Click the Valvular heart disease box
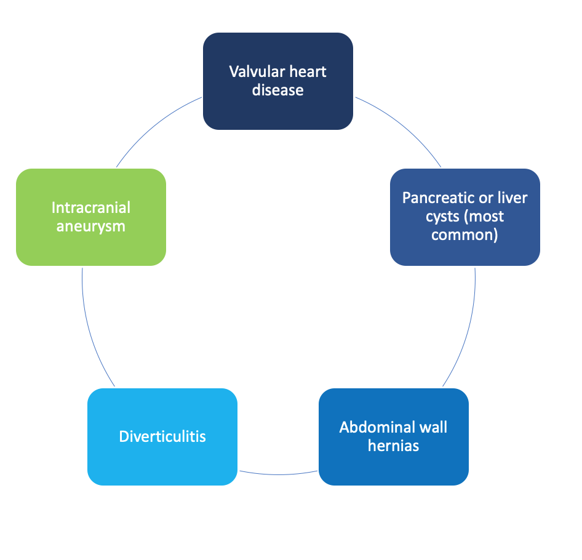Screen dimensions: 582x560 point(278,81)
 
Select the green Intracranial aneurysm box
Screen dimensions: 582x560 point(91,217)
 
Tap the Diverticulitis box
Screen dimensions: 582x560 point(162,437)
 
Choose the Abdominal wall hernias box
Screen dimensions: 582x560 point(394,437)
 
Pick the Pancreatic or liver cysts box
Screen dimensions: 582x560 point(464,217)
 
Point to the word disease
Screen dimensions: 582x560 point(277,90)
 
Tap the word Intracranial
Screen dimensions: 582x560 point(91,207)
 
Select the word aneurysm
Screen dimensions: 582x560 point(91,226)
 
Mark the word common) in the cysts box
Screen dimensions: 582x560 point(464,235)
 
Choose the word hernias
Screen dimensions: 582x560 point(394,446)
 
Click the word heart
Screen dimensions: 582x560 point(308,71)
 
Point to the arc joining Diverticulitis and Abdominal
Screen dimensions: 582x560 point(278,474)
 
